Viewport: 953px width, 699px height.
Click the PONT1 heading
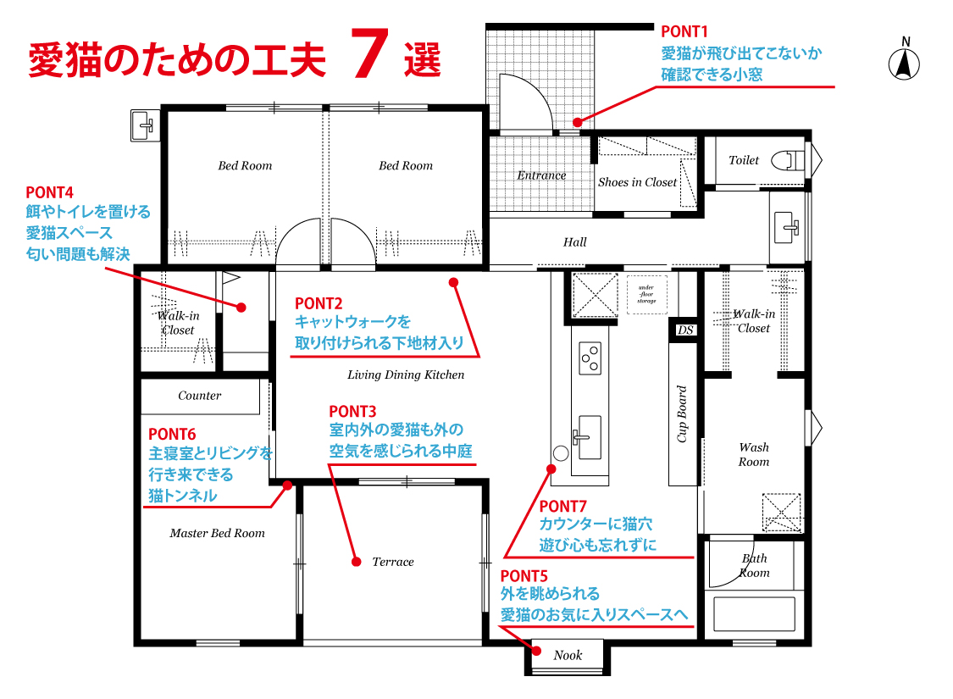[x=684, y=31]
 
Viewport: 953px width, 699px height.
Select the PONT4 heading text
[x=49, y=192]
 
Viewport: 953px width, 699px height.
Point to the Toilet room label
[x=743, y=160]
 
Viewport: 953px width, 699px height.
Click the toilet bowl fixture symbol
[x=787, y=160]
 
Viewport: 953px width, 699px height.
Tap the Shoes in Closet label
[x=637, y=182]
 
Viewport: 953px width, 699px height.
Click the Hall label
[x=574, y=242]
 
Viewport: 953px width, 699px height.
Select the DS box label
[x=685, y=330]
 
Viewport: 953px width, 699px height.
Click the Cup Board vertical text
[x=681, y=414]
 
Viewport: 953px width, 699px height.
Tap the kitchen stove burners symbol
[x=590, y=358]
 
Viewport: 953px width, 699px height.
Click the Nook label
[x=568, y=655]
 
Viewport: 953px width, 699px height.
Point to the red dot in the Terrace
[x=357, y=562]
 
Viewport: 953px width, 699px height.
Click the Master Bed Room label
[x=217, y=533]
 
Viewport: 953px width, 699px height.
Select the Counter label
[x=199, y=396]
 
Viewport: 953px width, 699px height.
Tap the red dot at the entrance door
[x=578, y=122]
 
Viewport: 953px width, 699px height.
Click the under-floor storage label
[x=646, y=294]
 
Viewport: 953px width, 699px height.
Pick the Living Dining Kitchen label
[x=406, y=375]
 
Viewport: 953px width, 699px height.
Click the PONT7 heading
[x=562, y=507]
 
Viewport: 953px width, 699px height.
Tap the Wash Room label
[x=754, y=455]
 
